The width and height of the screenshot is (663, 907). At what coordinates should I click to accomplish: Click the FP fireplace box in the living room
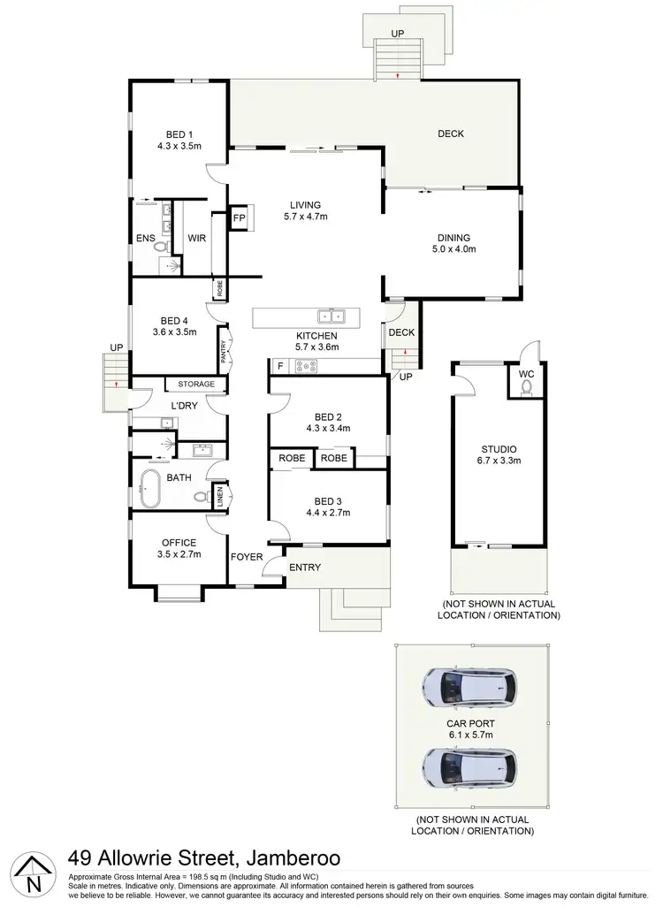coord(239,217)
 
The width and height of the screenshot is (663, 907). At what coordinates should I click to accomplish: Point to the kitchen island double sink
coord(332,316)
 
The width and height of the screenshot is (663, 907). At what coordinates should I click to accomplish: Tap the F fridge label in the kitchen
coord(280,365)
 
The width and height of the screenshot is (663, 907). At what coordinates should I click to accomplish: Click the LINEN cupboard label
coord(220,499)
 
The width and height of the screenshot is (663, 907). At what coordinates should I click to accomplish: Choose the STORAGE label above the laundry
coord(196,384)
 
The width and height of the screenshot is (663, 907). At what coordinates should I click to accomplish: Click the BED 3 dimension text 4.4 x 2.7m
coord(328,512)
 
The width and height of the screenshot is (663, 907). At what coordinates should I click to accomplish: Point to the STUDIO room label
coord(499,449)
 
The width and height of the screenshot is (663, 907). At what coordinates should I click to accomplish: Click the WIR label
coord(196,237)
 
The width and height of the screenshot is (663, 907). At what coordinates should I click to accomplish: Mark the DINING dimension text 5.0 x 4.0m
coord(453,249)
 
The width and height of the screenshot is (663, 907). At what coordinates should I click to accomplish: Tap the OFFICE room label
coord(179,543)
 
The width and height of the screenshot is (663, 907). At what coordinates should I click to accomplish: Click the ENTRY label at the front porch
coord(305,567)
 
